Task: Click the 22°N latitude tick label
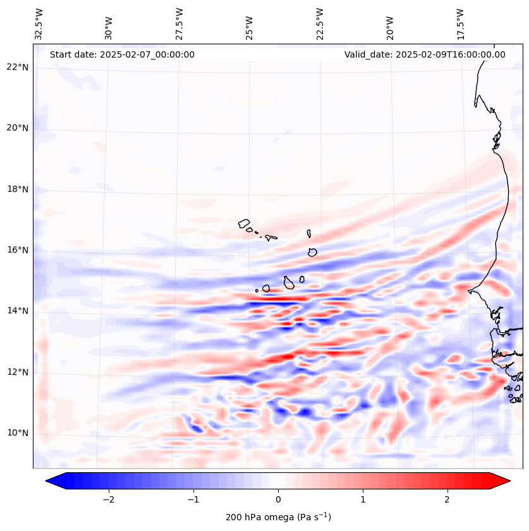pos(17,67)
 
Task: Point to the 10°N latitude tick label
pos(17,434)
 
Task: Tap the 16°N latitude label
pos(17,250)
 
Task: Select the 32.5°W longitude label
pos(39,23)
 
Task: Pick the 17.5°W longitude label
pos(460,23)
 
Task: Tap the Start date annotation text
pos(122,54)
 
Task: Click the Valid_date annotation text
pos(425,54)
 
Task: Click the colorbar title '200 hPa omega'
pos(278,517)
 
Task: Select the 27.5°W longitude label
pos(179,23)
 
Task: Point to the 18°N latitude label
pos(17,189)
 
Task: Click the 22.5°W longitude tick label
pos(320,23)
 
